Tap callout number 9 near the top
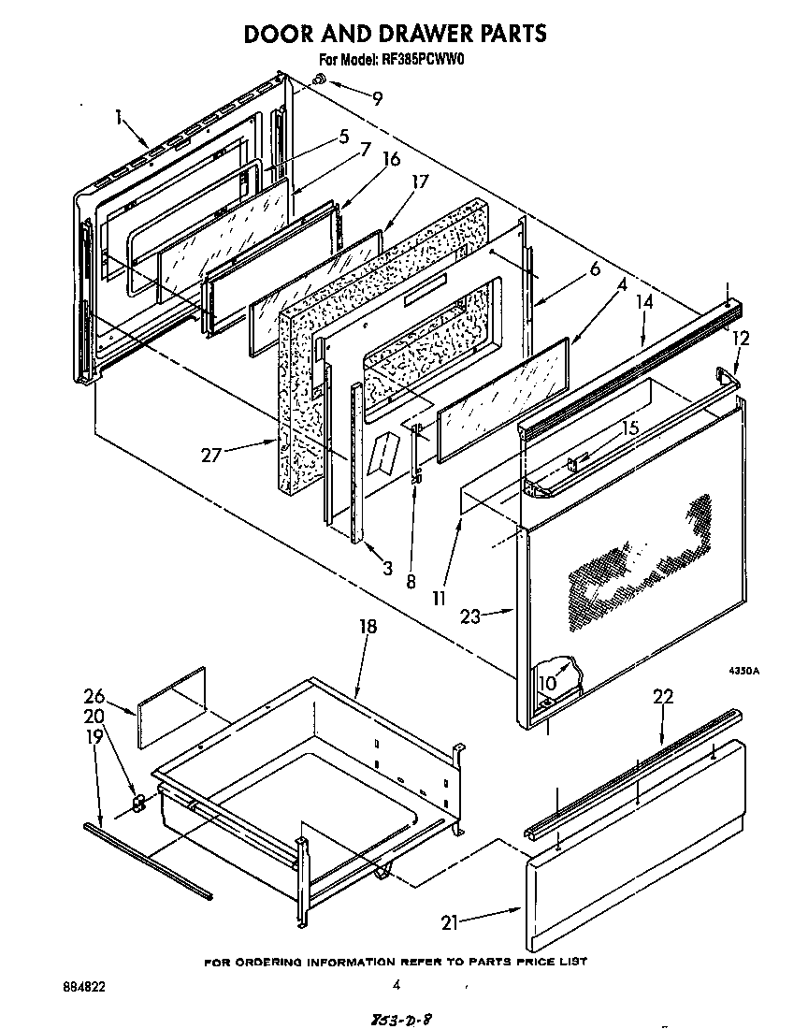[377, 97]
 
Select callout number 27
[211, 456]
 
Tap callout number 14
[644, 301]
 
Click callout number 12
[741, 338]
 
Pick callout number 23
[472, 616]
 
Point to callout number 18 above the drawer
[368, 626]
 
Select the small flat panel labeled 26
[172, 707]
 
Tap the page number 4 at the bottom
[397, 984]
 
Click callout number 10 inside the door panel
[546, 683]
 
